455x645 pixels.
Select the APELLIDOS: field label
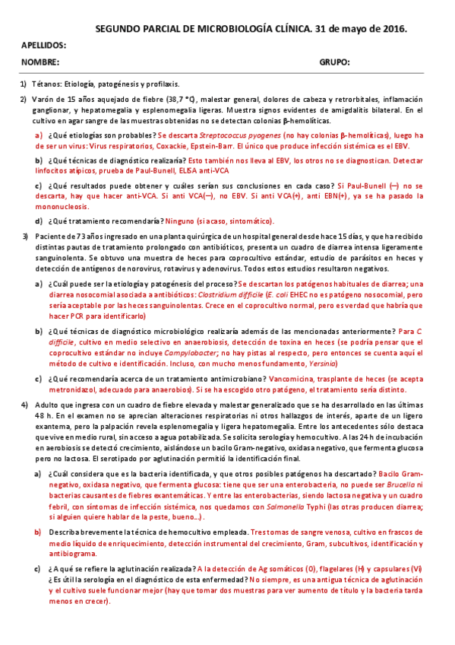[x=43, y=46]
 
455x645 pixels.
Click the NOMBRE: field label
[x=40, y=62]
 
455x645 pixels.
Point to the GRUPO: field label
[x=333, y=62]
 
